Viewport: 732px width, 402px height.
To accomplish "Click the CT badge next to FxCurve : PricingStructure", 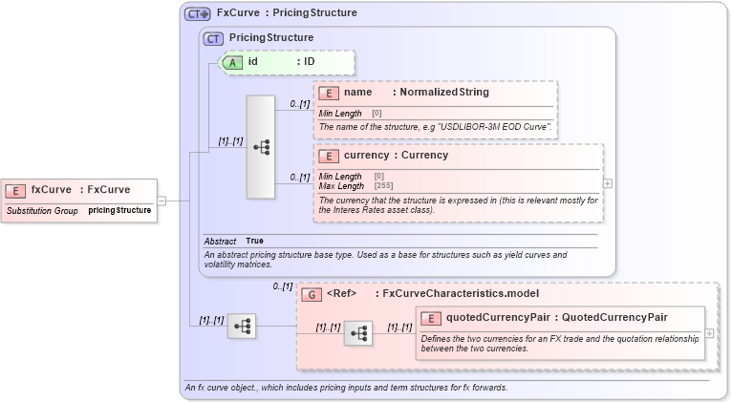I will [198, 13].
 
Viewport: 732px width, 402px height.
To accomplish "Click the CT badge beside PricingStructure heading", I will [215, 37].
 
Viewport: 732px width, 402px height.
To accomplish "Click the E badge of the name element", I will [329, 93].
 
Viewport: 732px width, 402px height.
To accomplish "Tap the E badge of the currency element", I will [329, 155].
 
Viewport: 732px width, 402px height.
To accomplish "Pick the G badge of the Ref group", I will [312, 294].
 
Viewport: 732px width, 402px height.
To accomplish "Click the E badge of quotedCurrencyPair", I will [431, 318].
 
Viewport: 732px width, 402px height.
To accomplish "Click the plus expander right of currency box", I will [608, 183].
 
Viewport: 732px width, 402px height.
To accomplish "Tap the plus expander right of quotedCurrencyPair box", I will [709, 333].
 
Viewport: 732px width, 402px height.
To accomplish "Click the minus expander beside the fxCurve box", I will [162, 201].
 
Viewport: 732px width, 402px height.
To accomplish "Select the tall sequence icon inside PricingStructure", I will [261, 147].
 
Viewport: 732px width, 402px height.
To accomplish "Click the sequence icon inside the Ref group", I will [358, 332].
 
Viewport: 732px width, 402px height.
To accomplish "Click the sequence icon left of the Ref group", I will [242, 327].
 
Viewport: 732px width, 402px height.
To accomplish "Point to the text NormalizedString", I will [444, 93].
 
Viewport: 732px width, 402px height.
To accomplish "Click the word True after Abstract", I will [254, 241].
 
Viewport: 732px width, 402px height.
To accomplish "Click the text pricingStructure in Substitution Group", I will [119, 209].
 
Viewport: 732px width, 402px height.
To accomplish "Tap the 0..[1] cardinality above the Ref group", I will [283, 286].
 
